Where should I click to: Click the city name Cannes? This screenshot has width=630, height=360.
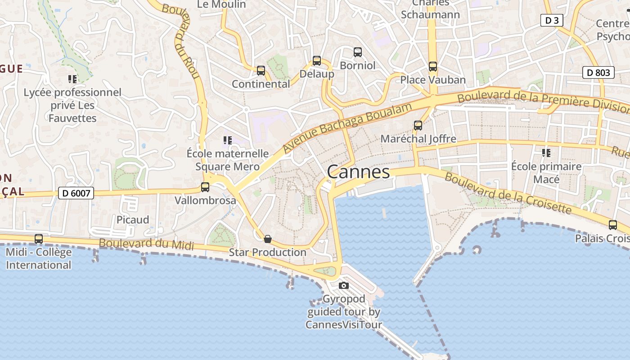(358, 172)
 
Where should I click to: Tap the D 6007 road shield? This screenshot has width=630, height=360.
(76, 193)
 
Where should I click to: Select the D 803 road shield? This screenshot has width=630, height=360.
(598, 72)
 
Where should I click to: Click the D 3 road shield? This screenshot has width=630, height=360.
(551, 20)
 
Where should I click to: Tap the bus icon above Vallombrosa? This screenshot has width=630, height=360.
(205, 187)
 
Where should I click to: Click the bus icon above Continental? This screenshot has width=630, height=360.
(261, 71)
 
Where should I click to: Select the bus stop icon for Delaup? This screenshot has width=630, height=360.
(317, 61)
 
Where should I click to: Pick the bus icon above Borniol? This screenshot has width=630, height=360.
(358, 52)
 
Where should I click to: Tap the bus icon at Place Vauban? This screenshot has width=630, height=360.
(433, 67)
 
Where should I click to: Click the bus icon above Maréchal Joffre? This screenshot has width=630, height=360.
(418, 126)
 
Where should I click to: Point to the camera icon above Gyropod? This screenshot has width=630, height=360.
(344, 285)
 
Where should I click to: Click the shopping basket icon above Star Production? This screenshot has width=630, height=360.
(268, 238)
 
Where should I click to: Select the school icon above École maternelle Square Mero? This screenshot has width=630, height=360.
(227, 140)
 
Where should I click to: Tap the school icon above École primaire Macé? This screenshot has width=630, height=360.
(546, 153)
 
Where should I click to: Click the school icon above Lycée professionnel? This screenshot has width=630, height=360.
(72, 79)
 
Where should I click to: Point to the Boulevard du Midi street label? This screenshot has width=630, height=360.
(146, 244)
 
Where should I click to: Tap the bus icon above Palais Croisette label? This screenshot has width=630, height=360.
(612, 225)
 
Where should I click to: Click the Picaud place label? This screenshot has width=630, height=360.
(133, 220)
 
